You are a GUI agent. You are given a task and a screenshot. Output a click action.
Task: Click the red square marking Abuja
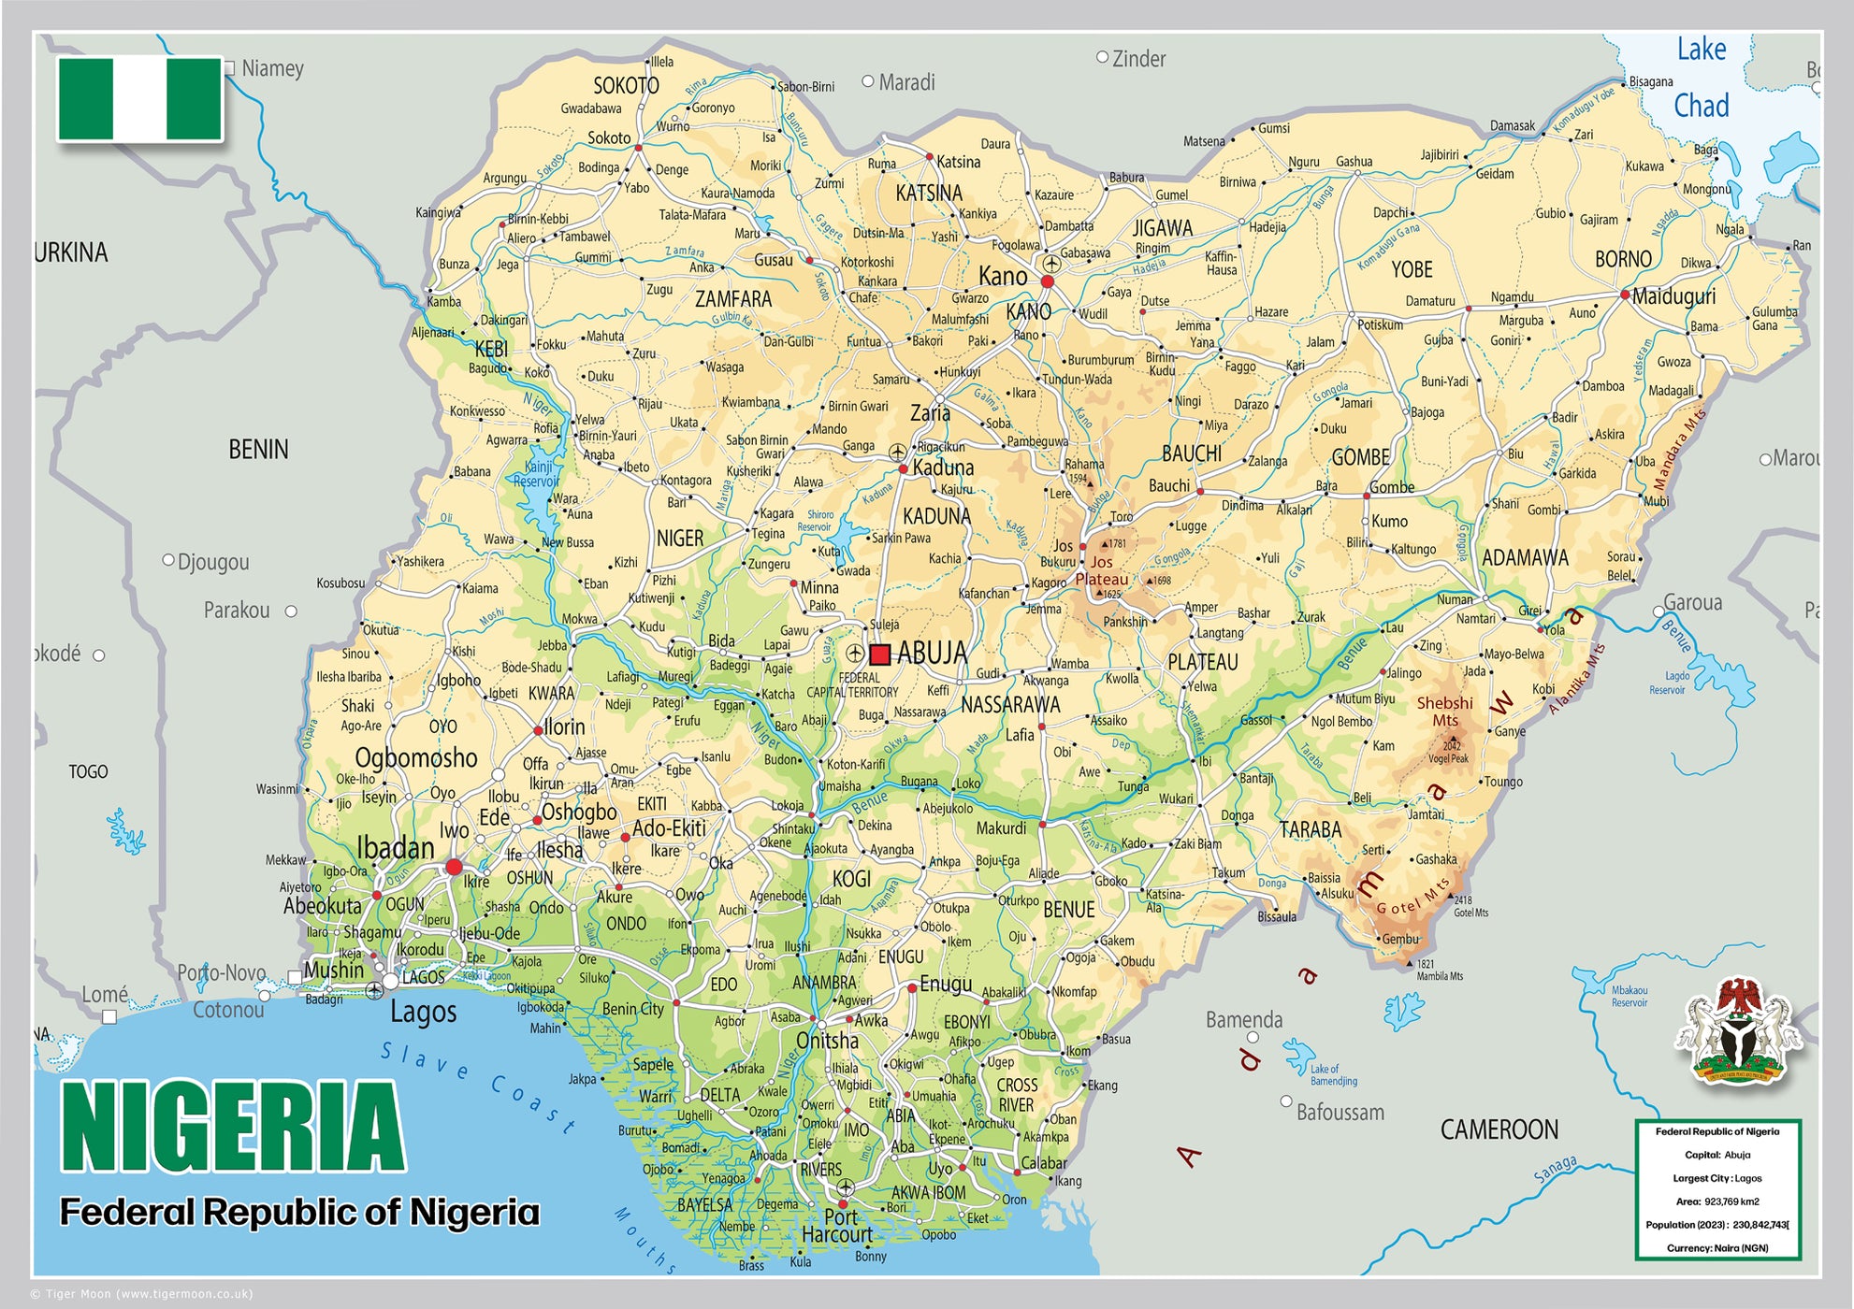[879, 654]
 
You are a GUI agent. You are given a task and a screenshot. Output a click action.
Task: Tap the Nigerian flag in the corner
[140, 98]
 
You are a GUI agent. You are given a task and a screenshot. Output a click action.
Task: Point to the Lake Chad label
[1701, 77]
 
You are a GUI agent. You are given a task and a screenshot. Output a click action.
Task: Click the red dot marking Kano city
[1048, 281]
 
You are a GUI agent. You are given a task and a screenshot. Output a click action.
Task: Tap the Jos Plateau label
[1101, 570]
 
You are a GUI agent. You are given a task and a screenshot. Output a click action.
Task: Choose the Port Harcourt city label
[837, 1226]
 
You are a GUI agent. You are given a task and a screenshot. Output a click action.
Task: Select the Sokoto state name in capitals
[626, 86]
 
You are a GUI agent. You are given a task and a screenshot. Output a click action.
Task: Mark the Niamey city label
[272, 68]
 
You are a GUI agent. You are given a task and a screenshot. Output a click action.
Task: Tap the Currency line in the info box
[1716, 1248]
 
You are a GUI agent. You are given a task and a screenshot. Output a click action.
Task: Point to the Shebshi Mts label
[1444, 711]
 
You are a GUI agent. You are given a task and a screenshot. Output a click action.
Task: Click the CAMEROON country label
[1499, 1129]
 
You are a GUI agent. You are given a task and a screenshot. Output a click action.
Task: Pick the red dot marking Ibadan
[454, 867]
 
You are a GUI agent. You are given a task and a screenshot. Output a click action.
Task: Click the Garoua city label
[1692, 603]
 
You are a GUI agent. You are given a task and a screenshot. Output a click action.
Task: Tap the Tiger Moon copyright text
[143, 1294]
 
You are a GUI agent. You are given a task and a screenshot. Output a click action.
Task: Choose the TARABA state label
[1310, 830]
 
